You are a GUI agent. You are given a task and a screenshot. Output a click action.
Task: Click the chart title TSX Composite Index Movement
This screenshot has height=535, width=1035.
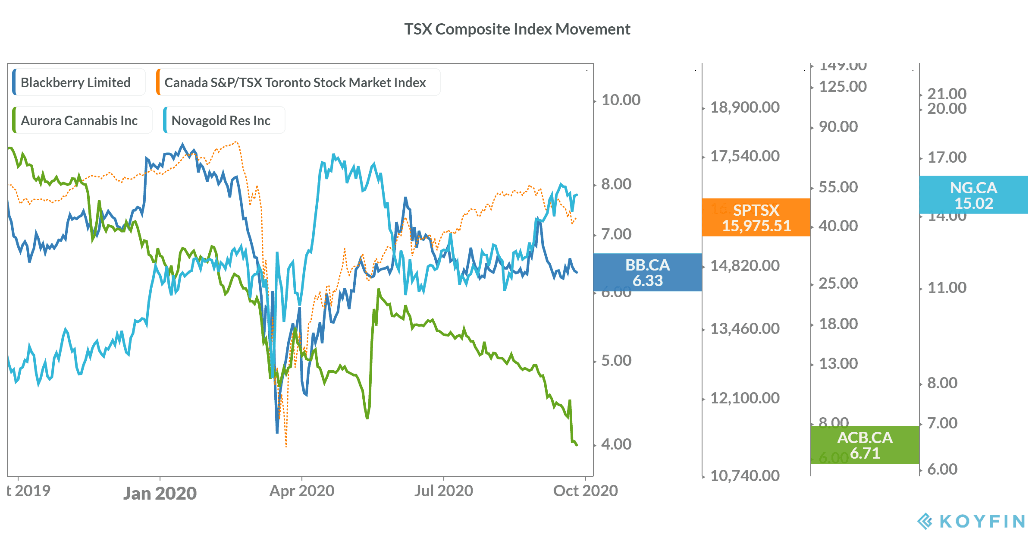pos(517,29)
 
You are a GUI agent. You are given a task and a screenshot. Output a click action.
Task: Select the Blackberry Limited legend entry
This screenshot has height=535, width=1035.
pos(75,82)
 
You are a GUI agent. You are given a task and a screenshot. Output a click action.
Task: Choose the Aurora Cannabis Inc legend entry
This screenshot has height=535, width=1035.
pos(79,120)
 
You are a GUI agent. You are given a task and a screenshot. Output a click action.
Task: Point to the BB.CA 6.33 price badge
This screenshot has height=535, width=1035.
pos(647,272)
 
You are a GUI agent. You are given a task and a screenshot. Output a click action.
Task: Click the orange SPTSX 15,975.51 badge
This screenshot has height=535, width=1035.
pos(756,217)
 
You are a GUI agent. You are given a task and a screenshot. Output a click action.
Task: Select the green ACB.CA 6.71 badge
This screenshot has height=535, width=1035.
pos(865,445)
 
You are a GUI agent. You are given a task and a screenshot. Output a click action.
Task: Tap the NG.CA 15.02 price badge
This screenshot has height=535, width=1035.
pos(973,195)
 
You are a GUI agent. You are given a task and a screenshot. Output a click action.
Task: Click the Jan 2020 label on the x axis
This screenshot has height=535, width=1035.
pos(160,493)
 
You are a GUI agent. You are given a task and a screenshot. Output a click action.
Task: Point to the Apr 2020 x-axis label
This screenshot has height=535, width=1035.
pos(302,491)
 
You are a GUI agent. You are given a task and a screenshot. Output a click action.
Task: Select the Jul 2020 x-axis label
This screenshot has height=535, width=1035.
pos(444,491)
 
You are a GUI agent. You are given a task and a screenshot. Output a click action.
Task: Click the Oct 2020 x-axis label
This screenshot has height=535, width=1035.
pos(585,491)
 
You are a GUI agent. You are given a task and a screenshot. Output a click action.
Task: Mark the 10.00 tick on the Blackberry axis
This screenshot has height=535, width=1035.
pos(621,100)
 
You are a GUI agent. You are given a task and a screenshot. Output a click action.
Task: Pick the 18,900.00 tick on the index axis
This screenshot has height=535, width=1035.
pos(745,107)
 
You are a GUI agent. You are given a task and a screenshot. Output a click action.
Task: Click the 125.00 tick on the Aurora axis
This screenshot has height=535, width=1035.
pos(843,87)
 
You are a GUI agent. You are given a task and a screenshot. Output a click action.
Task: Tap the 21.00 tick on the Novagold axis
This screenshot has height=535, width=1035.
pos(947,94)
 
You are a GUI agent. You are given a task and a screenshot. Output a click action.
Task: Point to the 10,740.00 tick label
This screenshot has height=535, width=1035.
pos(745,476)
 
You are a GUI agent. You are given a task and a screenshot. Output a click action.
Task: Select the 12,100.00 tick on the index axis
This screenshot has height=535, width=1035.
pos(745,398)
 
